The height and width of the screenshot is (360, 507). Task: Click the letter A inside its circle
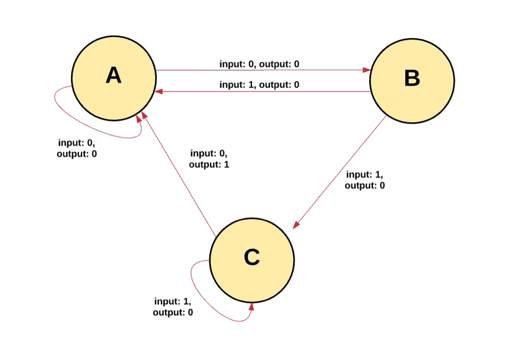click(x=114, y=76)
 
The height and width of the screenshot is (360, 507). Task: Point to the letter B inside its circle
click(x=412, y=79)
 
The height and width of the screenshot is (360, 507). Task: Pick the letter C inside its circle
click(x=252, y=258)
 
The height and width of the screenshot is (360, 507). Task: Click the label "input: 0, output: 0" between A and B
click(x=259, y=64)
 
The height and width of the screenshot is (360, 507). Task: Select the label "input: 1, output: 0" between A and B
click(x=259, y=85)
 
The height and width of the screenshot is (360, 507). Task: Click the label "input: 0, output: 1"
click(x=209, y=159)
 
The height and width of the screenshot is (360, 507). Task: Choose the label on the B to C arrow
click(x=365, y=180)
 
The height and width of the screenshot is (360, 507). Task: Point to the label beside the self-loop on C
click(x=173, y=307)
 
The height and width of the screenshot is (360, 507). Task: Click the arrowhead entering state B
click(x=367, y=70)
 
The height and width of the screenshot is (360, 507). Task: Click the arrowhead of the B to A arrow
click(x=159, y=92)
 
